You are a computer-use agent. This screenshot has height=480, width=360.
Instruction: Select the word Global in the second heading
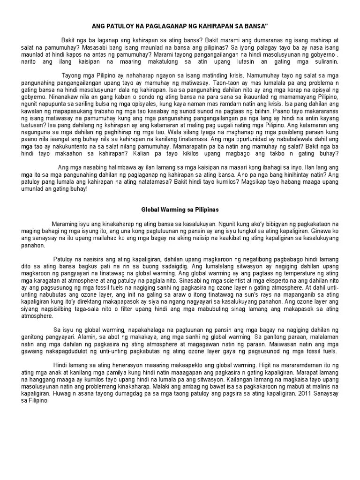[x=152, y=210]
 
